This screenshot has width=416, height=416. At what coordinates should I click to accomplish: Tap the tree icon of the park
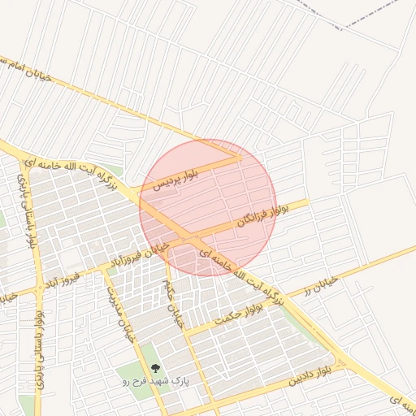pyautogui.click(x=156, y=367)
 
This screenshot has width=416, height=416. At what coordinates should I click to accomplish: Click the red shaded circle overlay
pyautogui.click(x=208, y=208)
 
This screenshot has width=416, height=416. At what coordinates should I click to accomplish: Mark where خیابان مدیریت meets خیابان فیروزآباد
pyautogui.click(x=105, y=270)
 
